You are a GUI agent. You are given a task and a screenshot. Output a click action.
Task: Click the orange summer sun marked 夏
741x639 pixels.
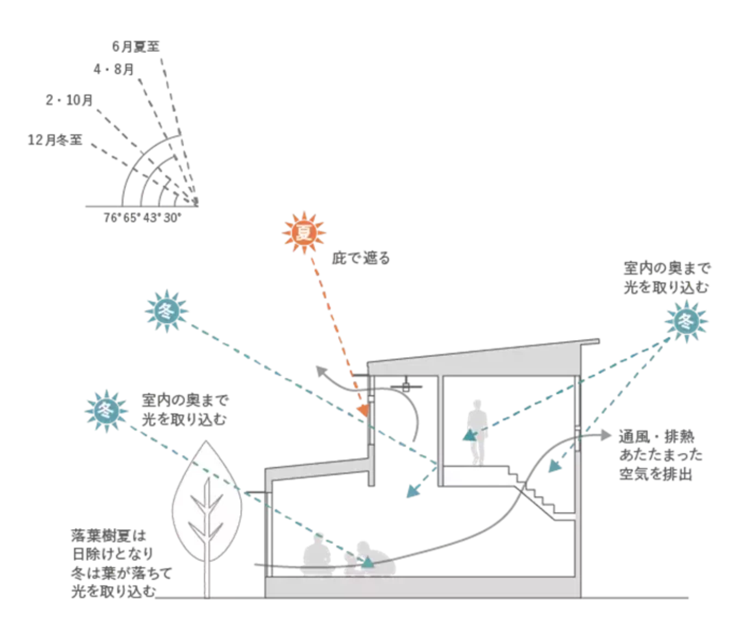tap(304, 233)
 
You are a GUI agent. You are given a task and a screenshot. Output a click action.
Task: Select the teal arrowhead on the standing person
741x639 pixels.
tap(466, 435)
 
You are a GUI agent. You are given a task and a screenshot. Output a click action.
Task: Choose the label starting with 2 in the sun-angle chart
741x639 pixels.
tap(69, 100)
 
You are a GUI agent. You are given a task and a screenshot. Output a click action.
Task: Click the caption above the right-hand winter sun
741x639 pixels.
tap(667, 277)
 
